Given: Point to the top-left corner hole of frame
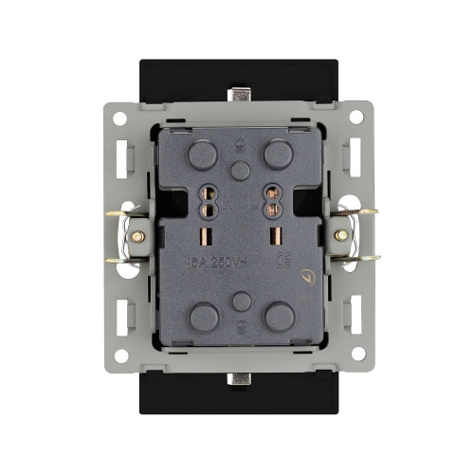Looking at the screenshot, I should (x=119, y=118).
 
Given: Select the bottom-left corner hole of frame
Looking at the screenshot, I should (x=119, y=355).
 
